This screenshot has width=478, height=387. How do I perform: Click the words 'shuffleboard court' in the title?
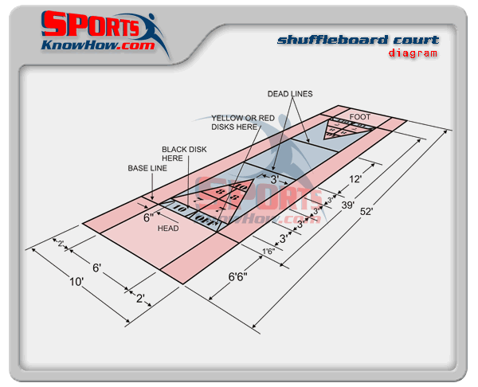(358, 40)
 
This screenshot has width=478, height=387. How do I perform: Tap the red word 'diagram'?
(413, 53)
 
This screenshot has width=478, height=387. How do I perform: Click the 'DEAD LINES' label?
(291, 94)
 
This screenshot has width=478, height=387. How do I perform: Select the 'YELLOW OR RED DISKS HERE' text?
(245, 122)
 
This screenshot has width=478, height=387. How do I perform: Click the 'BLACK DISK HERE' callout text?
(183, 153)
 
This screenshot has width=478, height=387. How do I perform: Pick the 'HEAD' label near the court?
(168, 229)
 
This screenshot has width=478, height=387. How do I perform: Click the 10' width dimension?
(76, 281)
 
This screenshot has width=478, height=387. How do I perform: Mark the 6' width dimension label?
(96, 268)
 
